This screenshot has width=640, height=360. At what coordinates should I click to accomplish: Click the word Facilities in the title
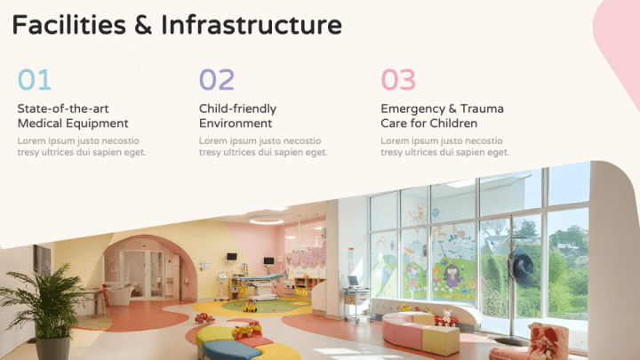pyautogui.click(x=69, y=25)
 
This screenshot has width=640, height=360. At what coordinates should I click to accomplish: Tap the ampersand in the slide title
pyautogui.click(x=143, y=25)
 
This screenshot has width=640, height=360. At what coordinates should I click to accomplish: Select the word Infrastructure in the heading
pyautogui.click(x=252, y=25)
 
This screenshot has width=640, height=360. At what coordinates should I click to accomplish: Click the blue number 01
pyautogui.click(x=35, y=80)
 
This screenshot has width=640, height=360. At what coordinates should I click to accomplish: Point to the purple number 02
pyautogui.click(x=217, y=80)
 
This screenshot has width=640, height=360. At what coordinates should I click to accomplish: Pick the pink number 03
pyautogui.click(x=398, y=80)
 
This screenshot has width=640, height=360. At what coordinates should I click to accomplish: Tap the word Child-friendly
pyautogui.click(x=237, y=109)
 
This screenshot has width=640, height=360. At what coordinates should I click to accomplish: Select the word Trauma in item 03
pyautogui.click(x=482, y=108)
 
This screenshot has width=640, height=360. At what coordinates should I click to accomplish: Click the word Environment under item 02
pyautogui.click(x=236, y=124)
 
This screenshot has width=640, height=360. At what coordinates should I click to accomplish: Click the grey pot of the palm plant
pyautogui.click(x=52, y=348)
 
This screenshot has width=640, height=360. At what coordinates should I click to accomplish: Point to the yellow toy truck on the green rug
pyautogui.click(x=250, y=306)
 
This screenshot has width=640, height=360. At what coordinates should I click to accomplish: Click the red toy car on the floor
pyautogui.click(x=204, y=318)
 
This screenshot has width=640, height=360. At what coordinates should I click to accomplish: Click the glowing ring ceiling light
pyautogui.click(x=267, y=220)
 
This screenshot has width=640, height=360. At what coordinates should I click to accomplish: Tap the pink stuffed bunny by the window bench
pyautogui.click(x=447, y=317)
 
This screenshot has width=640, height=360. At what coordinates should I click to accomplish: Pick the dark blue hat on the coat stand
pyautogui.click(x=521, y=268)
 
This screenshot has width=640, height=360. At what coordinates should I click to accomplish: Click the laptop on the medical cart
pyautogui.click(x=353, y=282)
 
